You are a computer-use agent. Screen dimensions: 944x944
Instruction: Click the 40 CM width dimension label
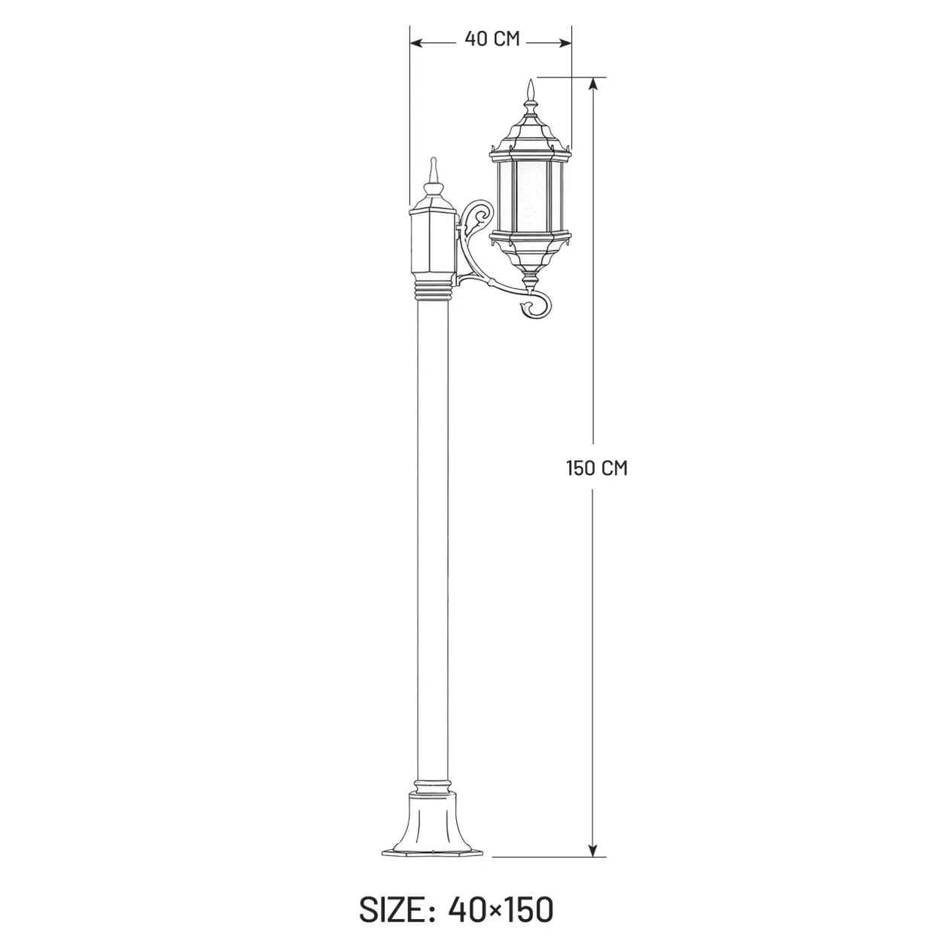pos(492,38)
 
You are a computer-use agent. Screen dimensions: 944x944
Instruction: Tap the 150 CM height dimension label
pos(597,468)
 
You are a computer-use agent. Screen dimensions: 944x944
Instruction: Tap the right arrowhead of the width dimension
pos(565,43)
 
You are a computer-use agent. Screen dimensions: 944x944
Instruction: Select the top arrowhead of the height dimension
pos(593,84)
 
